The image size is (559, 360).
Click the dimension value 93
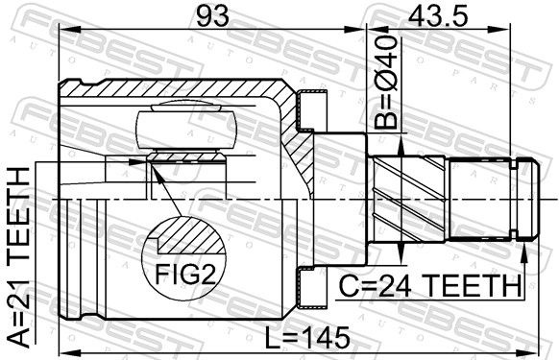coord(213,15)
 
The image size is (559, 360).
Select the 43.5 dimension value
coord(438,15)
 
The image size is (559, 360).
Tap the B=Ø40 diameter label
coord(385,82)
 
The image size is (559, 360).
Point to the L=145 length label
coord(308,338)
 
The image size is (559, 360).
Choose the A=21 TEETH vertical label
coord(18,257)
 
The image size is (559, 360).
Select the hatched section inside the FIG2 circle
coord(192,235)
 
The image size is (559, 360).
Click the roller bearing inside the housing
coord(186,130)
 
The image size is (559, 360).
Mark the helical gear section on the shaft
coord(408,198)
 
